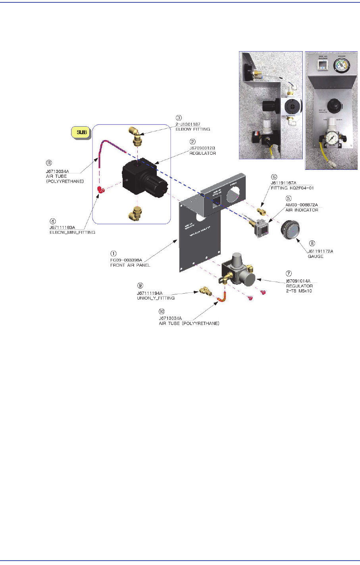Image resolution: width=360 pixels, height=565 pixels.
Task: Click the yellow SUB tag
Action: pyautogui.click(x=82, y=133)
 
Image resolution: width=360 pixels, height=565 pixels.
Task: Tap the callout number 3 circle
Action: pyautogui.click(x=179, y=118)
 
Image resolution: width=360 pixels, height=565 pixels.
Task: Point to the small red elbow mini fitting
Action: pyautogui.click(x=100, y=191)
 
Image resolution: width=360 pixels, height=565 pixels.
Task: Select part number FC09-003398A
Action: pyautogui.click(x=126, y=260)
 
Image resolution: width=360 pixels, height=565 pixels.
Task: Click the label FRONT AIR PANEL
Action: pyautogui.click(x=130, y=265)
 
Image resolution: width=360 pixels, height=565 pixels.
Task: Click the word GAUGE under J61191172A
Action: pyautogui.click(x=316, y=256)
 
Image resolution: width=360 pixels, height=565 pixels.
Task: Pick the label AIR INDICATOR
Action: pyautogui.click(x=302, y=210)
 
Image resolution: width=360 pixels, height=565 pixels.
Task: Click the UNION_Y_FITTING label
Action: pyautogui.click(x=156, y=298)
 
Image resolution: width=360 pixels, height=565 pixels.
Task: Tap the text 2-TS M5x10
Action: pyautogui.click(x=300, y=291)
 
